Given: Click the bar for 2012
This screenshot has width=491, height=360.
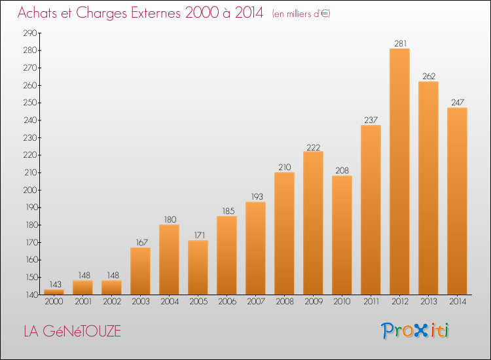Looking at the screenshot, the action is pos(399,171).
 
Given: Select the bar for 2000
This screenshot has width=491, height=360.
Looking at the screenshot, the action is pos(54,292).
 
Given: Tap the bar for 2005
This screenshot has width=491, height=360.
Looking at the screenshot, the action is pos(198,267).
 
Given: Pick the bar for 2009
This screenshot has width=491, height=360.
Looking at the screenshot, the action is pos(313,223).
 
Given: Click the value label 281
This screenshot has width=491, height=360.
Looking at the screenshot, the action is pos(400,43).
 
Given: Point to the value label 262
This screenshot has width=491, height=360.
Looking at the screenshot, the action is pos(429,77).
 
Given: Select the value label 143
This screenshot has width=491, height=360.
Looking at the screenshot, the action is pos(56,284).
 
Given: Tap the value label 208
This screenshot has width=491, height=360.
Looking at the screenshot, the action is pos(342,171).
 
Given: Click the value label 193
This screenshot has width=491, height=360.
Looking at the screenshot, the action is pos(257,196).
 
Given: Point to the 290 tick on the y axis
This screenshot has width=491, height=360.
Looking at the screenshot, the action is pos(30,33).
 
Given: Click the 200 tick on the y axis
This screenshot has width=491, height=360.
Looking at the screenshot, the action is pos(30,190).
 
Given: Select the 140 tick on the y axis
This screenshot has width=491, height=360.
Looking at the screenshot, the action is pos(31,295).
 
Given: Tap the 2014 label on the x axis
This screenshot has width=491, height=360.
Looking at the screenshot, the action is pos(458,302).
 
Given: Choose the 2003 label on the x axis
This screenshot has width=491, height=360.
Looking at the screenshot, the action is pos(141,302).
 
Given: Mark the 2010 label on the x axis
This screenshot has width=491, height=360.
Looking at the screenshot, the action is pos(342,302).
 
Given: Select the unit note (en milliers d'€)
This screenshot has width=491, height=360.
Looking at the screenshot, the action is pos(301,14).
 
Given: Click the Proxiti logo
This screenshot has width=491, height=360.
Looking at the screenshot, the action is pos(415,331).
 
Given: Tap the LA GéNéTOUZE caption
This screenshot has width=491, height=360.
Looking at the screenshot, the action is pos(72,331).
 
